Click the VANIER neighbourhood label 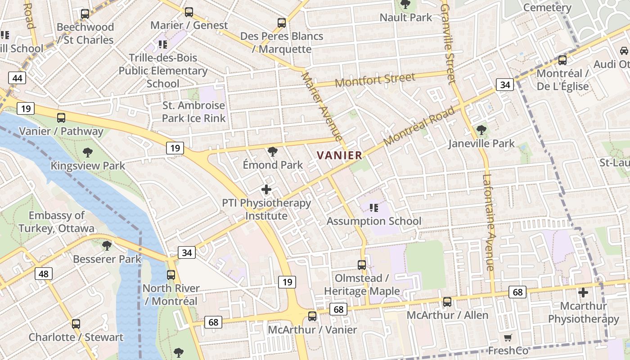coord(339,155)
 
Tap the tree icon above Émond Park coord(272,152)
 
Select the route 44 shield coord(17,78)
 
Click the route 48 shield coord(44,273)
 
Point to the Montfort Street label coord(375,80)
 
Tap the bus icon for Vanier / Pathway coord(61,118)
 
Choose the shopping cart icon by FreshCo coord(508,337)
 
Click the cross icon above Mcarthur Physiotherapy coord(583,292)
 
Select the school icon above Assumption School coord(373,207)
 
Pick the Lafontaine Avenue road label coord(490,222)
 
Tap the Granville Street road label coord(449,44)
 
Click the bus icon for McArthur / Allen coord(447,301)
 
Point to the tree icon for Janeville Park coord(481,130)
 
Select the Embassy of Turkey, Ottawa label coord(57,222)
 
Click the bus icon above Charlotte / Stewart coord(76,324)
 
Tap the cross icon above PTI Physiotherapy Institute coord(266,189)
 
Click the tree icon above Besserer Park coord(107,245)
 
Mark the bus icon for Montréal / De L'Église coord(562,60)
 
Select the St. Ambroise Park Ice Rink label coord(193,112)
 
